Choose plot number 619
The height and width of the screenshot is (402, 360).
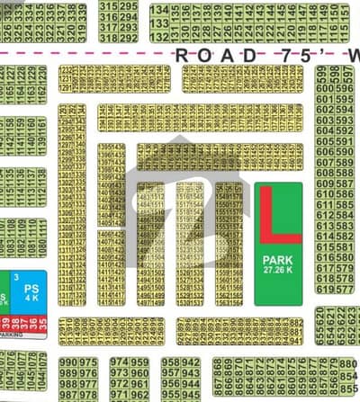323,290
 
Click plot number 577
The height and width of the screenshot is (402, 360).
345,279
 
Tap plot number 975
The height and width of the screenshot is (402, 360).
89,363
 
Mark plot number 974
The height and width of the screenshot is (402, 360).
119,363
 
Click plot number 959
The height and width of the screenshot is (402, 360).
139,374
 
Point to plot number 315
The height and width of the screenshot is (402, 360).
109,6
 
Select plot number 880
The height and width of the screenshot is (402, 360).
348,364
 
